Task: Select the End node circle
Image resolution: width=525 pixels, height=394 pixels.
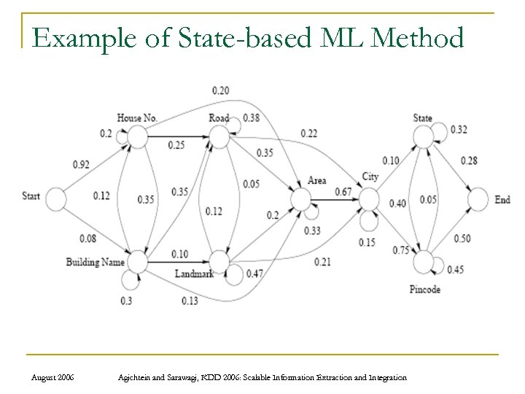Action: pyautogui.click(x=478, y=198)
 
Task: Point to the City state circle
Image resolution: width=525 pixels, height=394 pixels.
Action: pyautogui.click(x=370, y=198)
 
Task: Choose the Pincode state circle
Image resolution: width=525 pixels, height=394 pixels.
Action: pyautogui.click(x=424, y=261)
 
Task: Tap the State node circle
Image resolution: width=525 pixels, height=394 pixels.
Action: pyautogui.click(x=424, y=136)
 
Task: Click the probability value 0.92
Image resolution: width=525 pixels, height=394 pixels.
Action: pyautogui.click(x=81, y=165)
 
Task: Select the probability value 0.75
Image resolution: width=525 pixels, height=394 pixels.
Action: pyautogui.click(x=400, y=250)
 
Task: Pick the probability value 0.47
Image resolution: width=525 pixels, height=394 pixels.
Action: pyautogui.click(x=255, y=273)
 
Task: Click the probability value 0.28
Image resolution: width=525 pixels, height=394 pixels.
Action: pyautogui.click(x=469, y=161)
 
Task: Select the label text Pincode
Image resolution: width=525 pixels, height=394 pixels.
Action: pyautogui.click(x=424, y=290)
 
